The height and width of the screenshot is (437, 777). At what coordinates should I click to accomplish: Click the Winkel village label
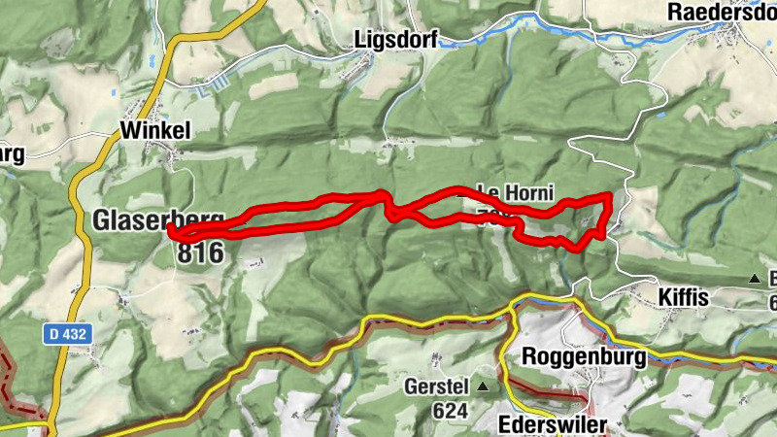point(154,130)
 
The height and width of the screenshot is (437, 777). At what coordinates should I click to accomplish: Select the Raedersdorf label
point(723,12)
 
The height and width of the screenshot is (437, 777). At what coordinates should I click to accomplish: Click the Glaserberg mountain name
point(158,220)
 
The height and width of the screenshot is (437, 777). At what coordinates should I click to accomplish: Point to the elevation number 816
point(200,253)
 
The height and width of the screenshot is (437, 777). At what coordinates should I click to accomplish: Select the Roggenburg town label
point(584,355)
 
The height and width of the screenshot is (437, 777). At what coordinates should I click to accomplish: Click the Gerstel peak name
point(436,387)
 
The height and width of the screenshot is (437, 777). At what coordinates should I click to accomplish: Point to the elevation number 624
point(450,411)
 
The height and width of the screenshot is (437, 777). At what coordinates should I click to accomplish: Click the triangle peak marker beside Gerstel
point(483,387)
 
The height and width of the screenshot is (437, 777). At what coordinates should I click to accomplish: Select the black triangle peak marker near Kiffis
point(755,280)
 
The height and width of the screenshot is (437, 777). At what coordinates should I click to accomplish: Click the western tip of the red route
point(171,230)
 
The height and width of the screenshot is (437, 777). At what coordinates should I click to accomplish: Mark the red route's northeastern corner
point(608,196)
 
